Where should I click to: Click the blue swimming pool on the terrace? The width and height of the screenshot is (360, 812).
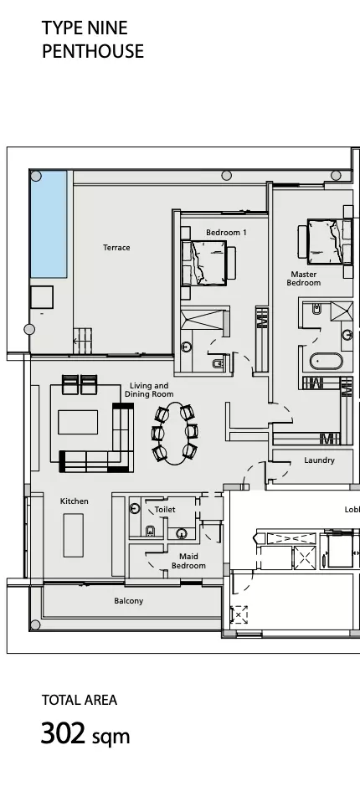coord(49,224)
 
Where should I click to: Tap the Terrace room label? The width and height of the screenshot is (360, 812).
coord(116,248)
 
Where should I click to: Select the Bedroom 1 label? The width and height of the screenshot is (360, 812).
coord(226,233)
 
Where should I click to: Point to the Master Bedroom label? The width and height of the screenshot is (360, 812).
coord(304,279)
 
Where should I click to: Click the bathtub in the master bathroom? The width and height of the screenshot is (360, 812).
coord(327,361)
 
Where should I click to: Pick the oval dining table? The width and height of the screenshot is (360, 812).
coord(175,433)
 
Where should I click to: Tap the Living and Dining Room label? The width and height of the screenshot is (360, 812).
coord(149,390)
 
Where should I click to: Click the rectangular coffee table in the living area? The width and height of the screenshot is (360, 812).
coord(78,422)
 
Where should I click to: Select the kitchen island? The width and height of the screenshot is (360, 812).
coord(74,535)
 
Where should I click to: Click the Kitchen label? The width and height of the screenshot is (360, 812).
coord(74,501)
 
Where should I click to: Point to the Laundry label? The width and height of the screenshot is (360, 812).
coord(319,460)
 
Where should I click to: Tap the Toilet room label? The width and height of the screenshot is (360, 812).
coord(165,510)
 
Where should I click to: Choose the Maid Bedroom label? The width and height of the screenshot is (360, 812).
coord(188,562)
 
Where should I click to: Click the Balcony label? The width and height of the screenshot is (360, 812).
coord(128,601)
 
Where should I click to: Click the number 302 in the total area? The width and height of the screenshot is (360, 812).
coord(63,733)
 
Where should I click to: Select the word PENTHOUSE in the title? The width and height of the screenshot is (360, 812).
coord(93,51)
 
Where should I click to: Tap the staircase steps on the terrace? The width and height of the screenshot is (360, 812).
coord(82,341)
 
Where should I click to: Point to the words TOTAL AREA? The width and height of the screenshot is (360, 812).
coord(80,700)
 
